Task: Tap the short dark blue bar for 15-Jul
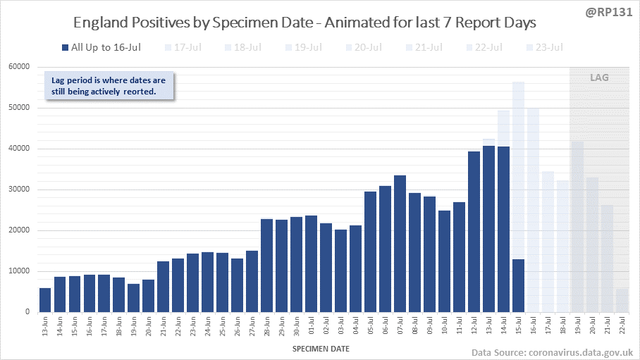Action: tap(518, 285)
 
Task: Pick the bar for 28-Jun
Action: tap(266, 266)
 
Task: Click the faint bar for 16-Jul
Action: tap(533, 210)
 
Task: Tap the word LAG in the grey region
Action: tap(599, 77)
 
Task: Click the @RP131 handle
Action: tap(610, 13)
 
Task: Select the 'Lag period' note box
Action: tap(109, 85)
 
